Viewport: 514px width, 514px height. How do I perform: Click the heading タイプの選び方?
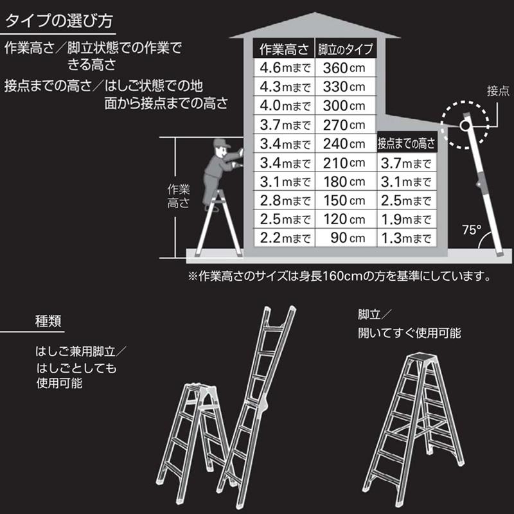click(59, 21)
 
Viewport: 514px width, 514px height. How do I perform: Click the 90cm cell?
click(348, 238)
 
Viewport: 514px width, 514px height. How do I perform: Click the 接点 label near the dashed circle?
click(498, 90)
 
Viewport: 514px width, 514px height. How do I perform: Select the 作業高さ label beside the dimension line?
click(179, 197)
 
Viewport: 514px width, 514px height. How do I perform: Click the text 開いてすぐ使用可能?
click(409, 333)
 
